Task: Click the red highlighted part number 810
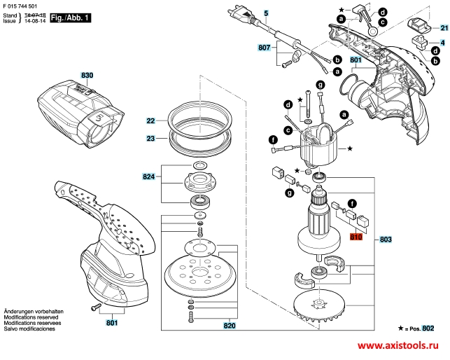[x=356, y=239]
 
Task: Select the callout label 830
[x=87, y=75]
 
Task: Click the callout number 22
[x=151, y=121]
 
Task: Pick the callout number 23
[x=151, y=139]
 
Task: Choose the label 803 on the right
[x=386, y=240]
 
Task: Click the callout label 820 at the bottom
[x=230, y=325]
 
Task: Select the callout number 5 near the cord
[x=266, y=13]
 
